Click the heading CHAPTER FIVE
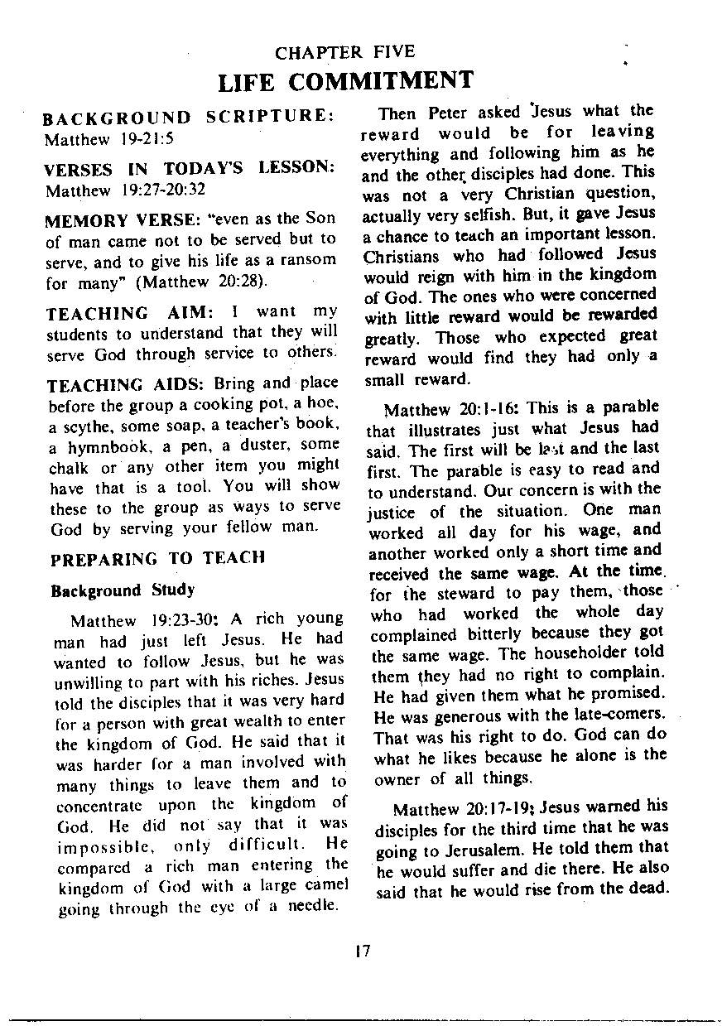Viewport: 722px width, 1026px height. tap(344, 53)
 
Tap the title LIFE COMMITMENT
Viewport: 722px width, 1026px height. tap(345, 81)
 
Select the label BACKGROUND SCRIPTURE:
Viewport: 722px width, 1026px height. tap(188, 118)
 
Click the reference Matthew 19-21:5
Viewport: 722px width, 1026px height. tap(108, 138)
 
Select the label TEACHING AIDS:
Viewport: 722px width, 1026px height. tap(128, 385)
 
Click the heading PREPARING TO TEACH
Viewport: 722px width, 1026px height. tap(156, 558)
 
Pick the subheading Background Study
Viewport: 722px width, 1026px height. tap(123, 590)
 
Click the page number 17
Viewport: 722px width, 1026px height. tap(360, 951)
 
